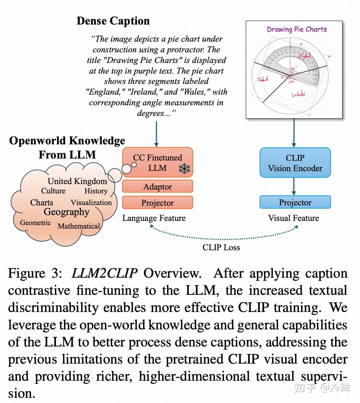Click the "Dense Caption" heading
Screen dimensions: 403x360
113,21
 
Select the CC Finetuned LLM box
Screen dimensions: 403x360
157,162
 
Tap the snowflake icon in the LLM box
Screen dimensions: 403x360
185,169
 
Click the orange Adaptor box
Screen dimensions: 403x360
157,187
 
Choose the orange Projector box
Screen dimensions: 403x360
157,203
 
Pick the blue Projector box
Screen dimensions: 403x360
295,202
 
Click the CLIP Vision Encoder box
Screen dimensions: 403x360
295,163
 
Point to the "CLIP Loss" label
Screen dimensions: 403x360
221,248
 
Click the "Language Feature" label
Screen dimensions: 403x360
154,218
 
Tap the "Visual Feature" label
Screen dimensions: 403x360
293,218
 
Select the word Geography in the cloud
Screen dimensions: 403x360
66,212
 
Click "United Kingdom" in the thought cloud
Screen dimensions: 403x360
77,181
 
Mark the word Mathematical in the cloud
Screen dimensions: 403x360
79,226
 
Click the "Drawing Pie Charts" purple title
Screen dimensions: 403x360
297,29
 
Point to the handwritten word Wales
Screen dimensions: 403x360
298,94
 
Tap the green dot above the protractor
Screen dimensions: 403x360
301,44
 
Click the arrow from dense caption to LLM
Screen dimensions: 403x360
156,134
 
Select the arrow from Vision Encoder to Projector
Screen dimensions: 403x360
294,186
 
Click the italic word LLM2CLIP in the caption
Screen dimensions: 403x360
104,274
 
